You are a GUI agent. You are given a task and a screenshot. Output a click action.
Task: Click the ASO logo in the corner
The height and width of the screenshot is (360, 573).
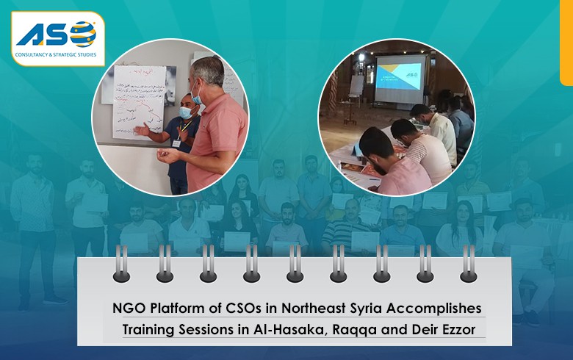[x=57, y=38]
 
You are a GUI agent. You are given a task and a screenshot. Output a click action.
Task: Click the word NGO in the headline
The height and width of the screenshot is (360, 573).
[x=126, y=307]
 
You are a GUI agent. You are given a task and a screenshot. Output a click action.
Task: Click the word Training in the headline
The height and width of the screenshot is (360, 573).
[x=150, y=327]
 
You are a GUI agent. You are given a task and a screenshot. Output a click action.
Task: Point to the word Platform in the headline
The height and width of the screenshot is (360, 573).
[x=174, y=307]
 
